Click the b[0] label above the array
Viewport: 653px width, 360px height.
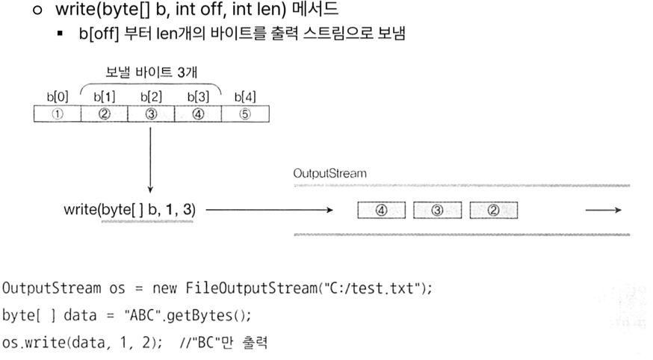click(x=57, y=96)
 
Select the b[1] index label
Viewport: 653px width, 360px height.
click(x=104, y=96)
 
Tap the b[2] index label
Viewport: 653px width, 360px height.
click(x=151, y=96)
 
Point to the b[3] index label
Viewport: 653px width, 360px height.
click(x=197, y=96)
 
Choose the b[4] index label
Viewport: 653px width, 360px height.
click(x=244, y=96)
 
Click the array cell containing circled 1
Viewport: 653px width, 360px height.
click(x=57, y=114)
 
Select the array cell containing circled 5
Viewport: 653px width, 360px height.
click(x=244, y=114)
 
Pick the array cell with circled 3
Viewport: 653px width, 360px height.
click(x=151, y=114)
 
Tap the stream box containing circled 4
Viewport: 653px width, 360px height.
click(x=381, y=211)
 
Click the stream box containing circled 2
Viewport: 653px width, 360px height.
click(x=493, y=211)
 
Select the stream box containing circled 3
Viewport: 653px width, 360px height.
click(x=437, y=211)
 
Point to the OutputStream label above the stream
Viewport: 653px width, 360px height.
click(x=329, y=173)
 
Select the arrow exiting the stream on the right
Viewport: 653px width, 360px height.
click(x=603, y=211)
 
